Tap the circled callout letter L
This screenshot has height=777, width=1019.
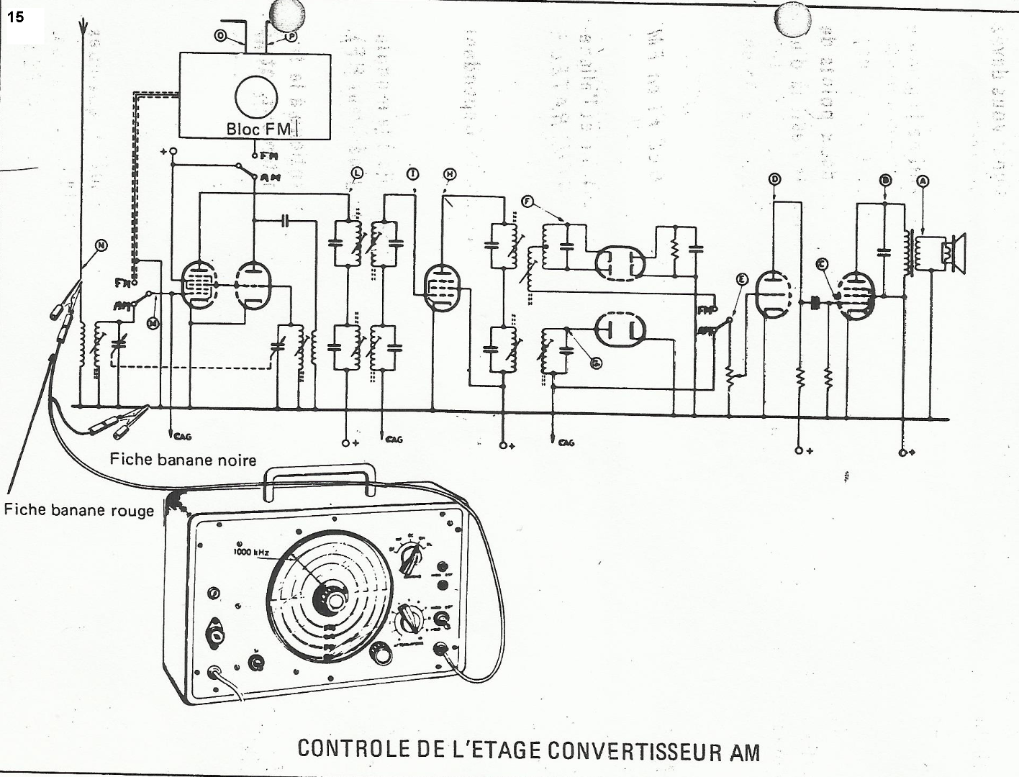point(357,173)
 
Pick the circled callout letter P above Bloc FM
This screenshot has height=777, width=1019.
point(291,36)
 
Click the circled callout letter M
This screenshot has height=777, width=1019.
point(153,324)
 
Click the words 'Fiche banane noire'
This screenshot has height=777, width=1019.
point(183,459)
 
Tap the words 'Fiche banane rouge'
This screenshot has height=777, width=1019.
point(78,511)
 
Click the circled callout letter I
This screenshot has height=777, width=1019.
point(412,174)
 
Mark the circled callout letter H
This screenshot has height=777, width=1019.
point(450,174)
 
